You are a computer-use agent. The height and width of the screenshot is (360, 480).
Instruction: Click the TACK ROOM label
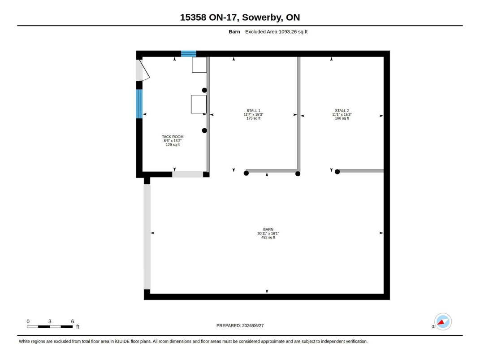[x=173, y=137]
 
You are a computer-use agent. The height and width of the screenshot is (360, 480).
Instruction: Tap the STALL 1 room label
[x=254, y=110]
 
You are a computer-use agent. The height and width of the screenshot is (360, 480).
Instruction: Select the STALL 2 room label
[x=342, y=110]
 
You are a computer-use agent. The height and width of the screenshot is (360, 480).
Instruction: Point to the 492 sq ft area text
[x=268, y=237]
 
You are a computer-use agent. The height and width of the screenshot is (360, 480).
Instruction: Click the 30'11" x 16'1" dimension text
[x=268, y=233]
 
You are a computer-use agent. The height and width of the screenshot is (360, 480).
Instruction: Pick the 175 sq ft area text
[x=254, y=118]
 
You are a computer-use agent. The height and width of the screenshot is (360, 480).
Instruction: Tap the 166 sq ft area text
[x=342, y=118]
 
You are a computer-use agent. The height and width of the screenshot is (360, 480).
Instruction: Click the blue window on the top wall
[x=189, y=54]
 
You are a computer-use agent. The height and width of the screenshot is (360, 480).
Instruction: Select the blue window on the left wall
[x=139, y=104]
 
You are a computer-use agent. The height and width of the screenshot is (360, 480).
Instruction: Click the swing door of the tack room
[x=144, y=70]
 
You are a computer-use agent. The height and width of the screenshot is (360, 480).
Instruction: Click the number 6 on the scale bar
[x=73, y=321]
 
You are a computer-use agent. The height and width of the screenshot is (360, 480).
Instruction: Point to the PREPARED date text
[x=240, y=326]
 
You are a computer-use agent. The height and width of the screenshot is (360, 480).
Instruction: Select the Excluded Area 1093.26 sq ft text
[x=277, y=31]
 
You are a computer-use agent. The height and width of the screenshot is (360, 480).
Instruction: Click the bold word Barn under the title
[x=234, y=31]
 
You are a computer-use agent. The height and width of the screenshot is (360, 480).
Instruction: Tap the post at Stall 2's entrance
[x=337, y=172]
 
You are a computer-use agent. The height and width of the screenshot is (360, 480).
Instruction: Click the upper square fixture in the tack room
[x=199, y=65]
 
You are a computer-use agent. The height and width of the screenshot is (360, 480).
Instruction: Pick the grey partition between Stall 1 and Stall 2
[x=299, y=114]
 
